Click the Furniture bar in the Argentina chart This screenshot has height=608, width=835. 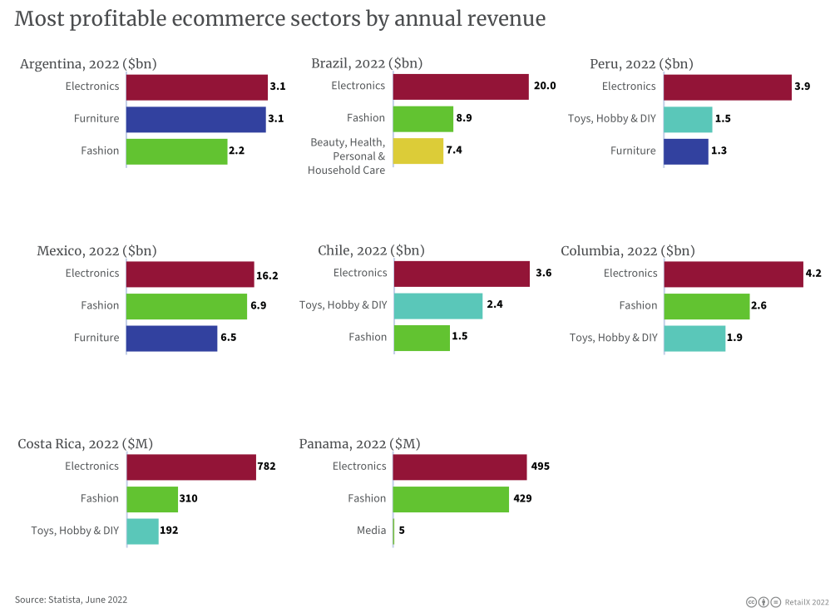[x=195, y=119]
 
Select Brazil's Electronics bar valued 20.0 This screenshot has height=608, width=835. [x=461, y=87]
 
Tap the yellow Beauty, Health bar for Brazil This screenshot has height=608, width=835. [x=418, y=151]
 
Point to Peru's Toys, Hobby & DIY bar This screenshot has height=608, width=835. [x=688, y=119]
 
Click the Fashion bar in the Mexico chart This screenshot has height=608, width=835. [x=186, y=306]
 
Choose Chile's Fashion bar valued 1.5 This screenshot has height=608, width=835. [x=422, y=338]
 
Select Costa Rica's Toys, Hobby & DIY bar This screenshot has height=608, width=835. [x=142, y=531]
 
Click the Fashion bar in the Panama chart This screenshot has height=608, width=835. [x=451, y=499]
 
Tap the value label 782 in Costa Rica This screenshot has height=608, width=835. [x=266, y=467]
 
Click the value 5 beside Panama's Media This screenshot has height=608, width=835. [x=402, y=531]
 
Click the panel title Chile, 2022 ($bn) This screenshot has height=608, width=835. [x=371, y=251]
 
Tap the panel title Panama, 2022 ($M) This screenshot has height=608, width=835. [x=359, y=444]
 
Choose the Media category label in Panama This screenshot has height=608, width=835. [x=372, y=531]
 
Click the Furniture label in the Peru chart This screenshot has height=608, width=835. [x=633, y=151]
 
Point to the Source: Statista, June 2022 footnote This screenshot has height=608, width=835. [x=71, y=600]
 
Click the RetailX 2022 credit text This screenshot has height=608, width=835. [x=807, y=601]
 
